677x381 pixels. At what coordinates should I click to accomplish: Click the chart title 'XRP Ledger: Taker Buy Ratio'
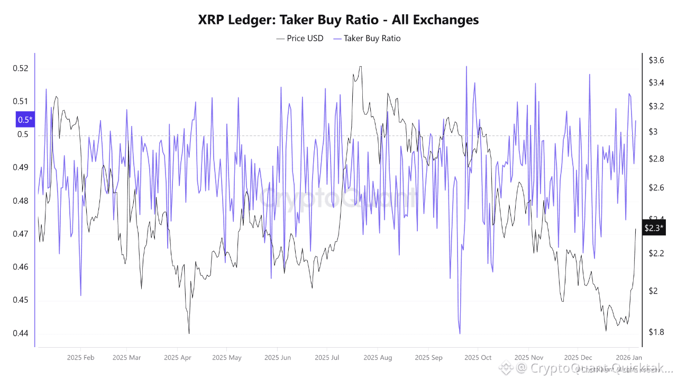click(338, 20)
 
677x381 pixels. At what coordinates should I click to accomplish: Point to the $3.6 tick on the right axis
click(656, 60)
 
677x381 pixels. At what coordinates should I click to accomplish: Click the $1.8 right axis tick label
click(656, 332)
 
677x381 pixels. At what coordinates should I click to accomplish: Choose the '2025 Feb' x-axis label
click(81, 358)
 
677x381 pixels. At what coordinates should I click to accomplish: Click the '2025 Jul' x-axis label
click(327, 358)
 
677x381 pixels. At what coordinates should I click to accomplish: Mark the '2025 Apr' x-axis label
click(178, 358)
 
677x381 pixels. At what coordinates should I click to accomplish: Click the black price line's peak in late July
click(360, 67)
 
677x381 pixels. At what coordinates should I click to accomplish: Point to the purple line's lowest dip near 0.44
click(460, 333)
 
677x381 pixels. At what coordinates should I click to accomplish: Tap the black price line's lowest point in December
click(606, 331)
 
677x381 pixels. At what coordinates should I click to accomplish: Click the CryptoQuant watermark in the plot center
click(338, 198)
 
